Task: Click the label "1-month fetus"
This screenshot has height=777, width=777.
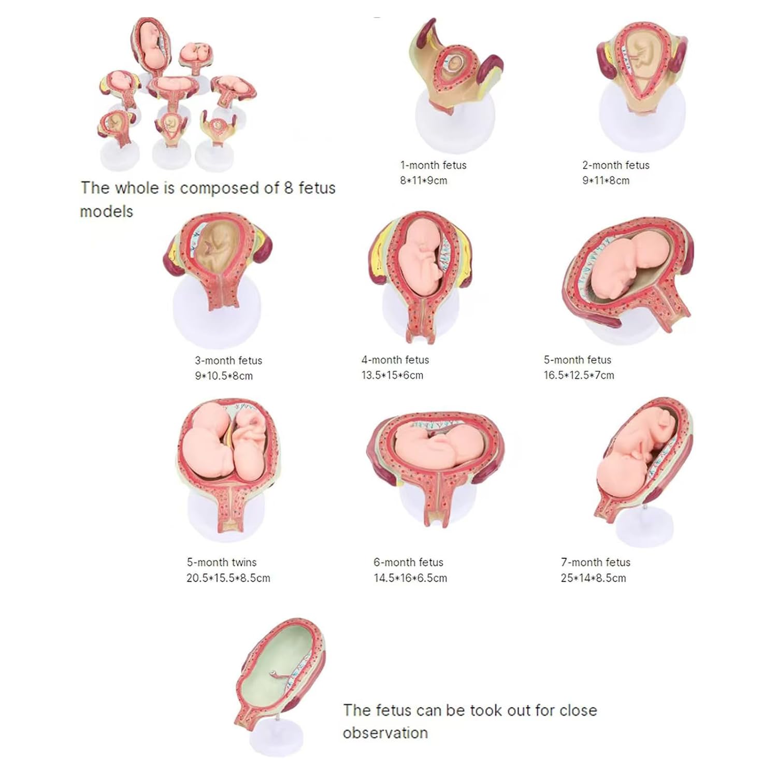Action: (433, 165)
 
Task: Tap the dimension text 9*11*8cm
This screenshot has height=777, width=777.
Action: (606, 181)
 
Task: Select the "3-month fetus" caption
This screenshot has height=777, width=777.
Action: (228, 361)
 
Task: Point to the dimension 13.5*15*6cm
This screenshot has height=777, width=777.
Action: (392, 376)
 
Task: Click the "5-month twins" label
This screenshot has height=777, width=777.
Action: (222, 563)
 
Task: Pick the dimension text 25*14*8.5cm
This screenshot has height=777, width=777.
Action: (593, 578)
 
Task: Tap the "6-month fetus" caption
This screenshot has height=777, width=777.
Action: (409, 563)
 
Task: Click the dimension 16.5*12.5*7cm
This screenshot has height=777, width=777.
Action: (579, 376)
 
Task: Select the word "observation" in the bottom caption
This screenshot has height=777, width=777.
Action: (385, 733)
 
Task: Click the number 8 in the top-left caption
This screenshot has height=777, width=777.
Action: (289, 188)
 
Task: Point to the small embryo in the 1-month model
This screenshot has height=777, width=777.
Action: (455, 64)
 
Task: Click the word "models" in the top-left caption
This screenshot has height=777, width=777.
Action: (107, 211)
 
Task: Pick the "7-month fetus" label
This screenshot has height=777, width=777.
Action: (596, 563)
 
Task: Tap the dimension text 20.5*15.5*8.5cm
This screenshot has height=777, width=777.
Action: (228, 578)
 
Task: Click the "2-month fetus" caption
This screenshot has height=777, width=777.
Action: (616, 165)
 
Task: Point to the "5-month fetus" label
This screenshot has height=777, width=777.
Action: (578, 360)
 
